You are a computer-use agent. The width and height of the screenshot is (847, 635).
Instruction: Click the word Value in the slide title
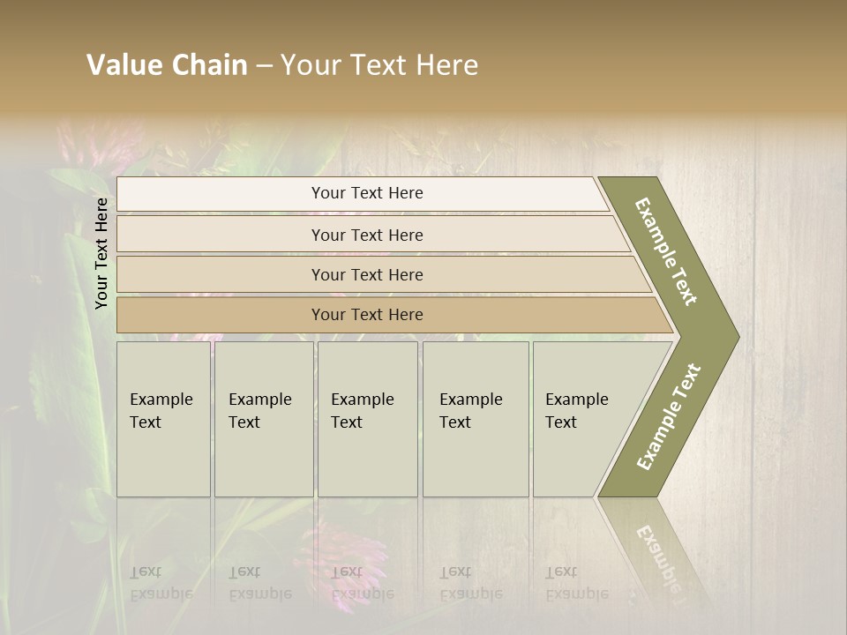[123, 65]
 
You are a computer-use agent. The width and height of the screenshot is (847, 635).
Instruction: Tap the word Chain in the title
[210, 65]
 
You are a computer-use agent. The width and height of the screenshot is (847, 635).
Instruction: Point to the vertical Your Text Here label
[101, 253]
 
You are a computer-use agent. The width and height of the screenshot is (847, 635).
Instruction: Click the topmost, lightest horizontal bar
[362, 193]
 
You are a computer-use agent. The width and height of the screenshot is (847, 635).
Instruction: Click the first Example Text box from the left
[163, 418]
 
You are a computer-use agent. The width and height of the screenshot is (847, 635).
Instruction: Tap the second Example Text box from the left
[263, 418]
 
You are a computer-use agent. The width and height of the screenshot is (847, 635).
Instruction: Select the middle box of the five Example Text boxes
[367, 418]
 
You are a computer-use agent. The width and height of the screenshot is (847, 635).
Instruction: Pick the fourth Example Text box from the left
[475, 418]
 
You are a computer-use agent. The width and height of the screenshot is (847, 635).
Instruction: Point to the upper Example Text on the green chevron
[666, 251]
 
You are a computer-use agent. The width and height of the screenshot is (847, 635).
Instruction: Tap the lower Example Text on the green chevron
[668, 416]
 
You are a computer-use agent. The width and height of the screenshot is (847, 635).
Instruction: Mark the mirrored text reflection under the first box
[161, 583]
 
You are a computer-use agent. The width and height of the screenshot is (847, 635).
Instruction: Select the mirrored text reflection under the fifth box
[575, 583]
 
